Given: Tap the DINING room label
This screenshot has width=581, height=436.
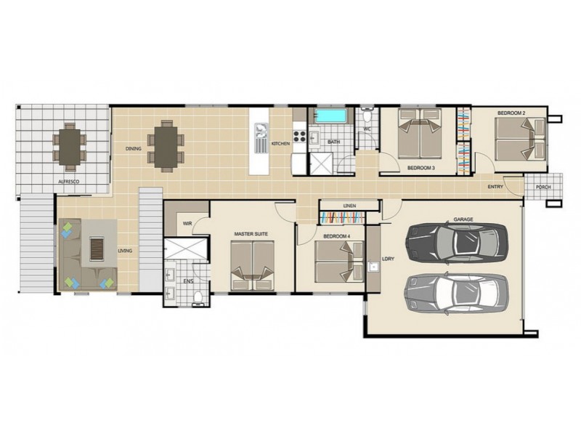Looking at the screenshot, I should pos(133,149).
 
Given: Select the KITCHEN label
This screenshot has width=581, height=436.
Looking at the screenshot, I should pos(281,145).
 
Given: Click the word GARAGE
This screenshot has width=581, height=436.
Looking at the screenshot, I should pos(463,219).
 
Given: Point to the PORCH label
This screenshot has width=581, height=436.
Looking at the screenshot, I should pos(543,187).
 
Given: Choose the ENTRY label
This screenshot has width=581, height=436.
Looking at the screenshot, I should pos(495,187).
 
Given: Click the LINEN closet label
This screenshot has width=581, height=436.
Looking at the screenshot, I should pos(349,206).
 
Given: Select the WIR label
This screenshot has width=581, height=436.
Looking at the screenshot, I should pos(187,224).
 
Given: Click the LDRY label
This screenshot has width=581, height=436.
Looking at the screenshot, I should pos(377,257).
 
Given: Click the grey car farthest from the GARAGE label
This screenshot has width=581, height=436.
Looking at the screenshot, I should pos(456,292).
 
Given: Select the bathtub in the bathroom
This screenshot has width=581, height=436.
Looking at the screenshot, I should pos(330,116).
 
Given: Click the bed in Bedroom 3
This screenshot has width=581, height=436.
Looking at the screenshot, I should pos(419,133).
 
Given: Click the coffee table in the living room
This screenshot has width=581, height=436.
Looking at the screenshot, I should pos(97,249).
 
